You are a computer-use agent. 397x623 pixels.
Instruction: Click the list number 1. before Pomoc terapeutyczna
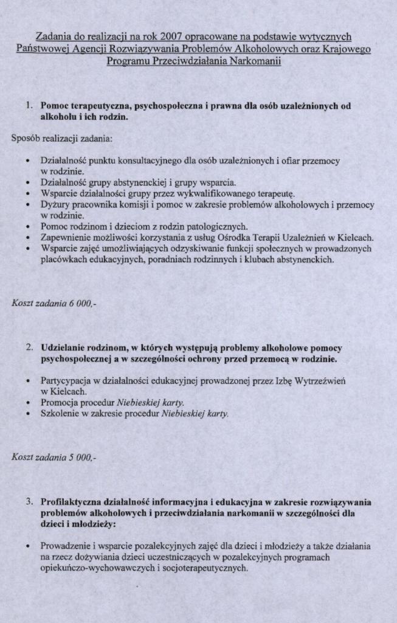point(29,106)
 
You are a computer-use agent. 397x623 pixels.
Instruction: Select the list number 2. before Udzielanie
point(29,349)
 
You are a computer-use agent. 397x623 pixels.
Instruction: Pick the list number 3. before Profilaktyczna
point(29,502)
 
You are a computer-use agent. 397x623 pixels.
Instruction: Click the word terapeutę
point(274,194)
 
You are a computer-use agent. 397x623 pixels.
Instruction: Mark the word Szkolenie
point(60,414)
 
